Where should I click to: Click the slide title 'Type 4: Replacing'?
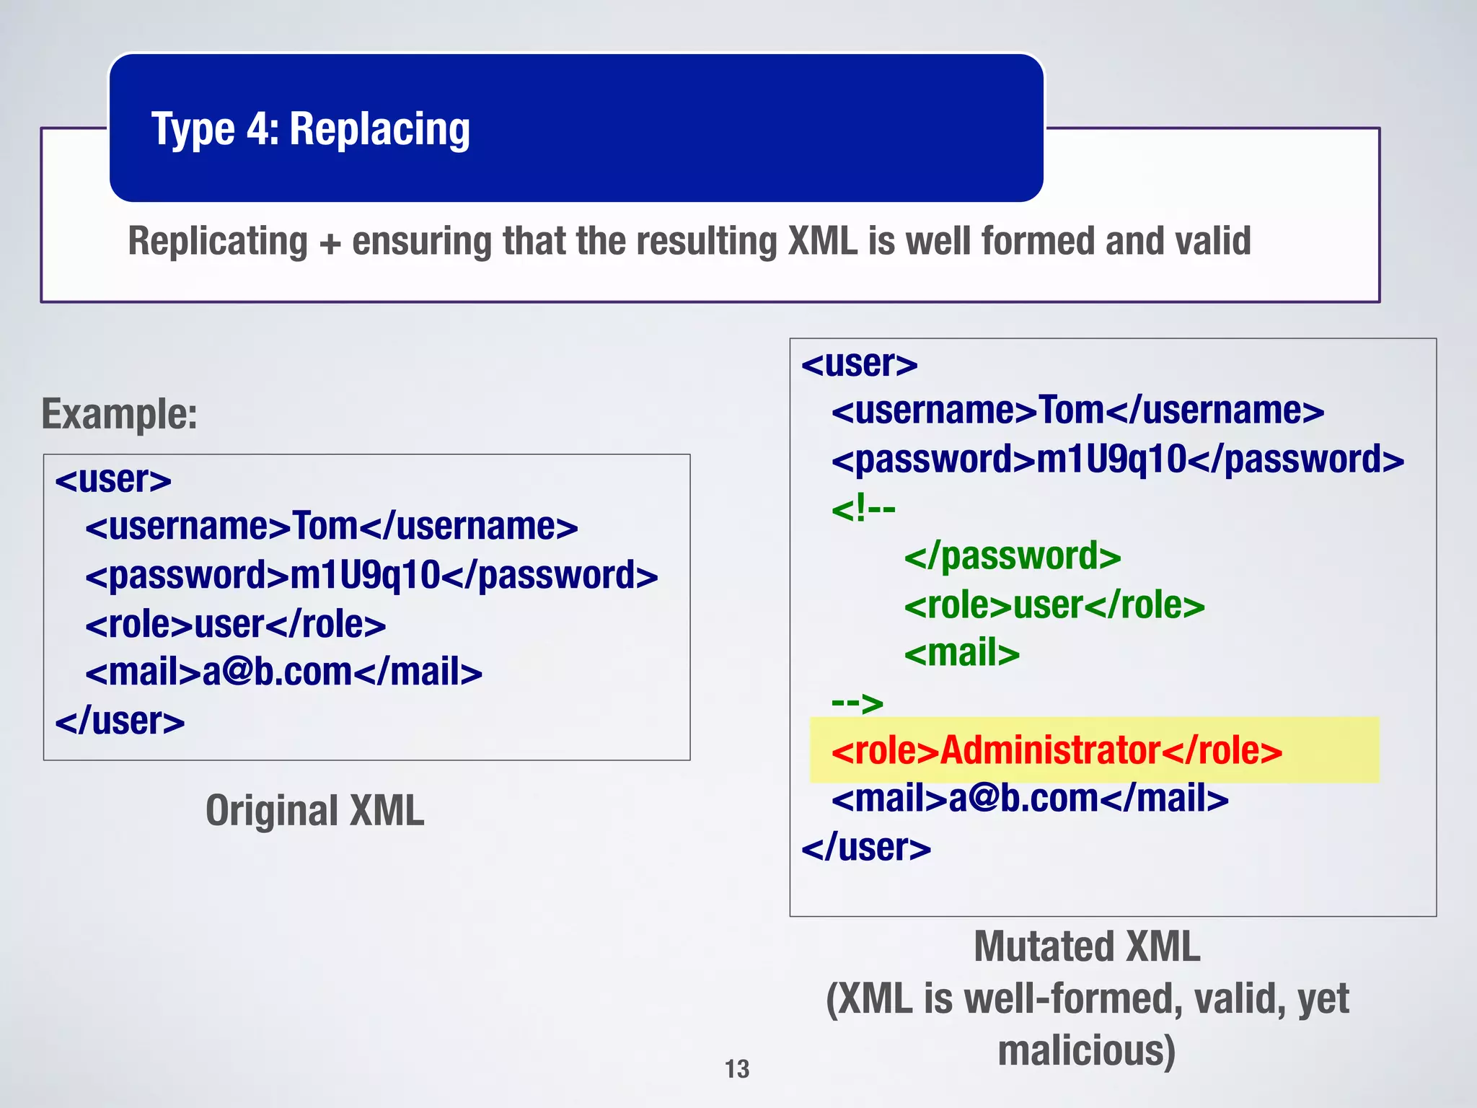(310, 130)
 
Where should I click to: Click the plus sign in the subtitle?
(330, 242)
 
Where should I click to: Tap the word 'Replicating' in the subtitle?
(218, 241)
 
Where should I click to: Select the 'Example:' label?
(120, 414)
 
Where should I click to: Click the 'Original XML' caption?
(315, 810)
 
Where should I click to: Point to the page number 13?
(737, 1068)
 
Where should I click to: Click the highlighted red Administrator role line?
(1057, 750)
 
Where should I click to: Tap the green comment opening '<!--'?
(863, 509)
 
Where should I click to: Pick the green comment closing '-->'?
(857, 702)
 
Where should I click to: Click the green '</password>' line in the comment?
(1013, 556)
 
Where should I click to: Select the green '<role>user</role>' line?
(1054, 604)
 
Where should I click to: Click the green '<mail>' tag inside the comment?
(962, 653)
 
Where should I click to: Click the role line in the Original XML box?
(235, 624)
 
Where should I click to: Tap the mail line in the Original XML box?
(283, 672)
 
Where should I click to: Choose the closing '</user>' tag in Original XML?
(120, 721)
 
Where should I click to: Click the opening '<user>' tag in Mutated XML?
(859, 364)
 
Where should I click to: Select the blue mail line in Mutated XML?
(1030, 799)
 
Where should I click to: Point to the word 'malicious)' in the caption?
(1086, 1050)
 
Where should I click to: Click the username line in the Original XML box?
(331, 526)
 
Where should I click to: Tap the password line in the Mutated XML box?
(1117, 460)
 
